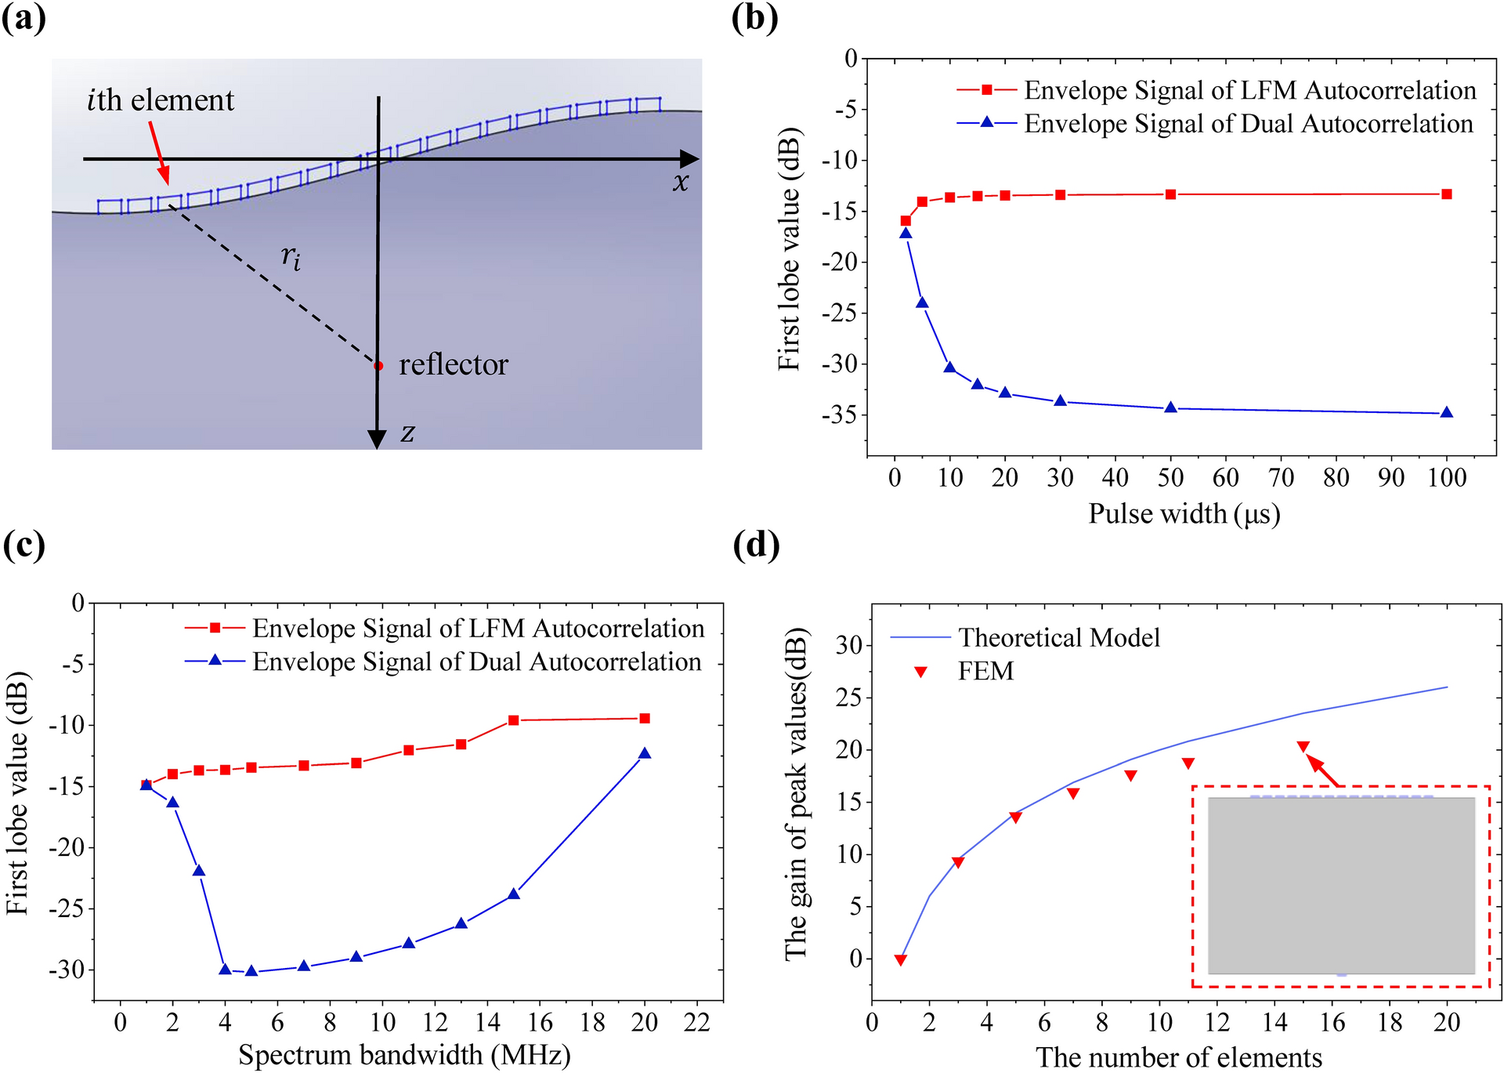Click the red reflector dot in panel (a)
point(378,366)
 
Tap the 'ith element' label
point(161,100)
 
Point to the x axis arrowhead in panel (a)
point(689,159)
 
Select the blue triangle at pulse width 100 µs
point(1447,413)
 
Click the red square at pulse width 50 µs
point(1170,194)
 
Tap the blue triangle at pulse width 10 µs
point(949,367)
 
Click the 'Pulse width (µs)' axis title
point(1184,514)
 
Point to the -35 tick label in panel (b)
point(840,415)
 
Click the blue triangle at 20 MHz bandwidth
point(645,753)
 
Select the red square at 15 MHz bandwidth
point(514,720)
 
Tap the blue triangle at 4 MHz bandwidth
point(225,970)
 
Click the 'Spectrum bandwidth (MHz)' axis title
point(404,1055)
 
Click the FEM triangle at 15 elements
point(1303,746)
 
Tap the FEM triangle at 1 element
point(901,960)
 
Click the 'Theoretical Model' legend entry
point(1058,638)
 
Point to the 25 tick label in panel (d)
point(849,698)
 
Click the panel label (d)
point(756,545)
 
